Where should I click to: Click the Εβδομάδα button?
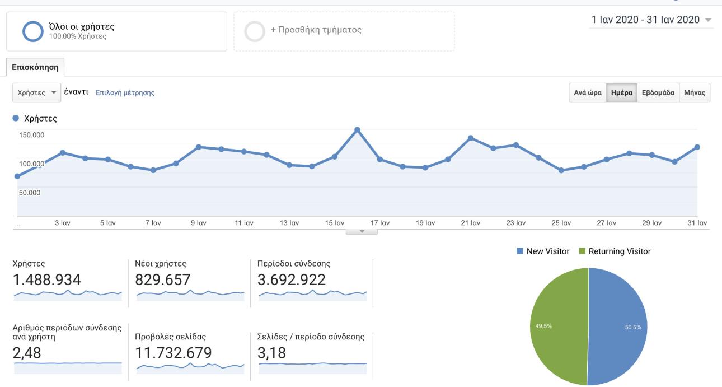(658, 93)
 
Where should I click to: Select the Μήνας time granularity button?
(695, 93)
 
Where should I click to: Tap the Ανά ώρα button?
(587, 93)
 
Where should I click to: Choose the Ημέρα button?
(622, 93)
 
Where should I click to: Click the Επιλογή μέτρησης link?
(125, 93)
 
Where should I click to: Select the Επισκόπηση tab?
(36, 68)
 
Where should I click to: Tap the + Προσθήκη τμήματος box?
(344, 31)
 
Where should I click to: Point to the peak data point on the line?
(357, 130)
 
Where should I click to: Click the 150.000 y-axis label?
(31, 135)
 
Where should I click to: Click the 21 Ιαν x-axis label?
(471, 223)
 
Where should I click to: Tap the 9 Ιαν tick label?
(198, 223)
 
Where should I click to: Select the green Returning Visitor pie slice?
(557, 327)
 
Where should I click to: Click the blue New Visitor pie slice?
(618, 327)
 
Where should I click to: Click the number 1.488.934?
(46, 279)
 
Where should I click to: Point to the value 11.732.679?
(174, 353)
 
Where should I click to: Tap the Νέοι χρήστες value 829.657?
(163, 279)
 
